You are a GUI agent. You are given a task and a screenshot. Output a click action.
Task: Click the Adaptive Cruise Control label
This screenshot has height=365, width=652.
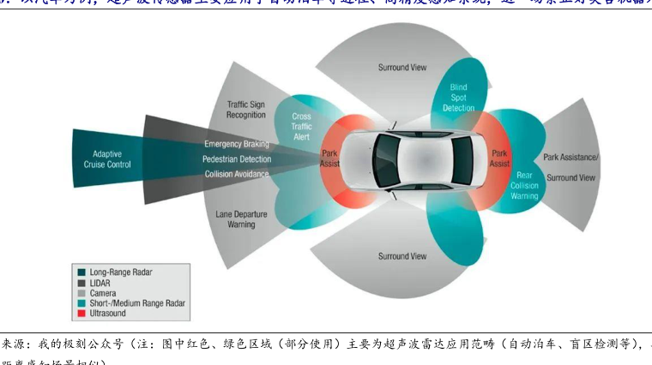(x=106, y=159)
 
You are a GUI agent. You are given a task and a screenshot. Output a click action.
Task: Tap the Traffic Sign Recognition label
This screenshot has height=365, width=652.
(x=246, y=110)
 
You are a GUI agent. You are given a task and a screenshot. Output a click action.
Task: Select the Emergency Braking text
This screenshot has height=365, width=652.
(x=236, y=144)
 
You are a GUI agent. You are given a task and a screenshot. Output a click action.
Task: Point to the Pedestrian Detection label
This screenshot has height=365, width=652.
(x=237, y=159)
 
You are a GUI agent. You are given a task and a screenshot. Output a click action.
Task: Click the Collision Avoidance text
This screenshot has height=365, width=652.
(x=237, y=174)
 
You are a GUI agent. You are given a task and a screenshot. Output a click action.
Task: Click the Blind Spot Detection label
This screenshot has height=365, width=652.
(x=459, y=98)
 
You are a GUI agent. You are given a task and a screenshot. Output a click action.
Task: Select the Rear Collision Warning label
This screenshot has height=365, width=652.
(x=524, y=185)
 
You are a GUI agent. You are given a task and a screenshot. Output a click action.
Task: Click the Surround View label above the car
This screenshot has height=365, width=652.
(x=402, y=68)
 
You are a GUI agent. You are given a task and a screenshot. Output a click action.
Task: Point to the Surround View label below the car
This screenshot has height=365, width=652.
(x=402, y=256)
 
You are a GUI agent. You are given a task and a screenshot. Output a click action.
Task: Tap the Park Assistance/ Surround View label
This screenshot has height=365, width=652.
(x=571, y=168)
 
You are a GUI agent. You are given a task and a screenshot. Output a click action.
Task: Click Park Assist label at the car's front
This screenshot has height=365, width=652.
(x=329, y=159)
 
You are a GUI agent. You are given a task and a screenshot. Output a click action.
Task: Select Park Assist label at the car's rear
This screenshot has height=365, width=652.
(x=499, y=159)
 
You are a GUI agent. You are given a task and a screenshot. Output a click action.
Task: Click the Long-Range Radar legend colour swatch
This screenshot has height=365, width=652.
(x=81, y=272)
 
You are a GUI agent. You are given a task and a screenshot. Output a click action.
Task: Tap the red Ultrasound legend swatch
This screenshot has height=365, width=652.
(x=81, y=314)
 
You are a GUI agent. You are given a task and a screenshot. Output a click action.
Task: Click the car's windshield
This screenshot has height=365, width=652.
(x=380, y=159)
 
